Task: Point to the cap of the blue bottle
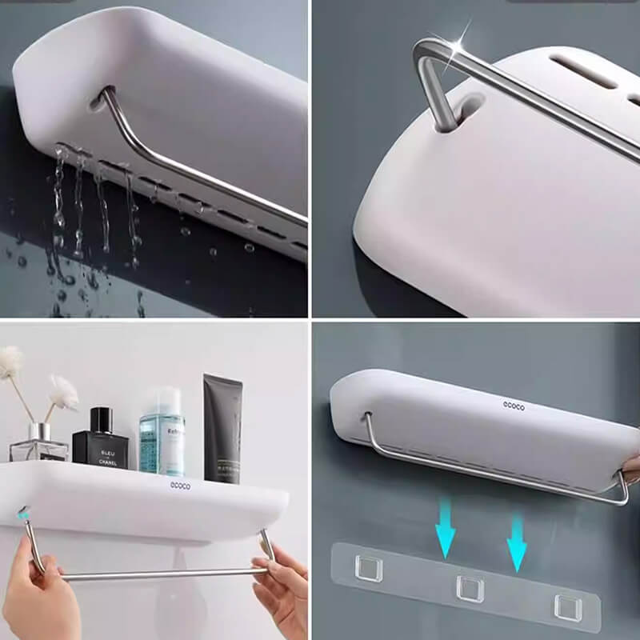click(x=161, y=398)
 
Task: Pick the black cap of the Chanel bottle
click(x=101, y=418)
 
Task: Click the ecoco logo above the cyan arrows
click(x=513, y=407)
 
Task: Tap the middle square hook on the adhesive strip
click(x=470, y=588)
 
